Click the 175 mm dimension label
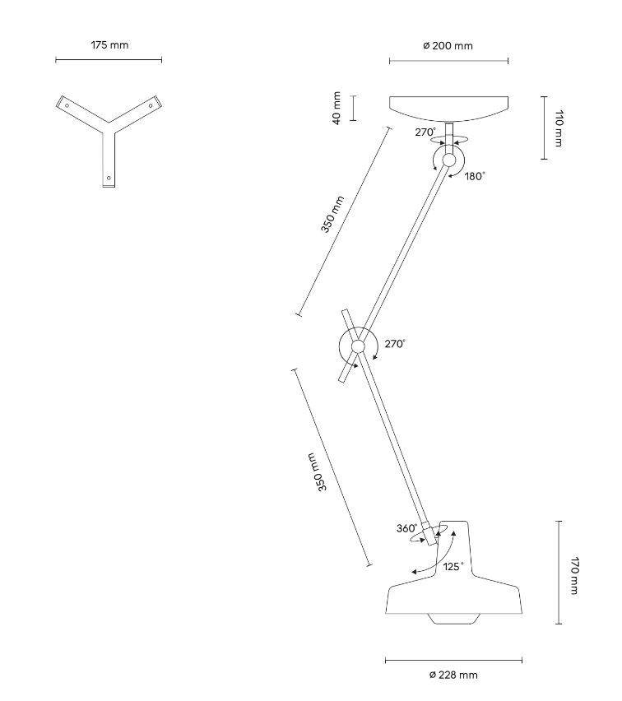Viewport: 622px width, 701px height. coord(109,45)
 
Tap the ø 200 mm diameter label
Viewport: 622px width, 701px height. coord(448,46)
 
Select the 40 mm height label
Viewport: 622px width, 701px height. coord(337,108)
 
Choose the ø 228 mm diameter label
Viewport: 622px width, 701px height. coord(453,675)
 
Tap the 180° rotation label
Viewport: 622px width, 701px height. coord(475,175)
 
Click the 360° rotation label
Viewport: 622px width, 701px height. coord(406,528)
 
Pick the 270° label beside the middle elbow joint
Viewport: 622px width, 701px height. coord(395,344)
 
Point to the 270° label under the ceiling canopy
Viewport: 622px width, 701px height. coord(425,132)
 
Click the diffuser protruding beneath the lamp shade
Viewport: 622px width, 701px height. coord(453,617)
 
